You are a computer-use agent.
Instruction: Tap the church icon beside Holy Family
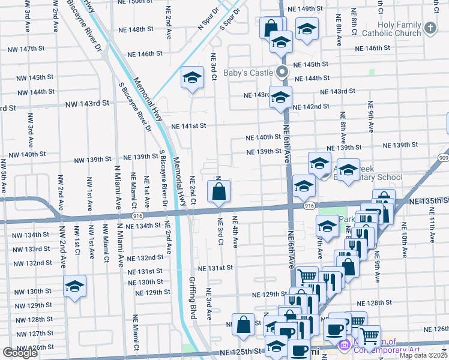[x=430, y=28]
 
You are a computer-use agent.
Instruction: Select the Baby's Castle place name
[x=249, y=73]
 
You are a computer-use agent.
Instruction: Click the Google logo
[x=20, y=353]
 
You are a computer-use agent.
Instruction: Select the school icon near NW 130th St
[x=74, y=287]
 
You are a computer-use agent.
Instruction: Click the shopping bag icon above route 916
[x=219, y=193]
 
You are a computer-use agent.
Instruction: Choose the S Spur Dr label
[x=230, y=19]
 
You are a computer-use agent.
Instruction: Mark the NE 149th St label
[x=306, y=9]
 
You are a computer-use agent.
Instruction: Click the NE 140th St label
[x=264, y=137]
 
